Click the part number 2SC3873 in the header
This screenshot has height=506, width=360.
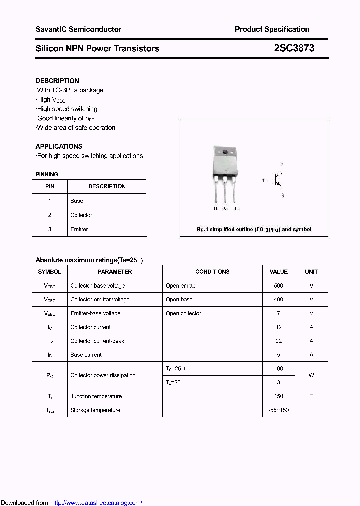tap(294, 49)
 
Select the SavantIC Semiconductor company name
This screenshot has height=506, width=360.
tap(78, 29)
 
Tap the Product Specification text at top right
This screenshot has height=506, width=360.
tap(272, 29)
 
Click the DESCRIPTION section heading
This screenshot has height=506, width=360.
tap(57, 81)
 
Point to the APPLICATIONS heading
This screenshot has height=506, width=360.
tap(59, 146)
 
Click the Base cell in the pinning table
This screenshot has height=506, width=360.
tap(77, 201)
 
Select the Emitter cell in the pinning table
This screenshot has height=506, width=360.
tap(79, 229)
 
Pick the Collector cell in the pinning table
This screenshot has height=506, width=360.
tap(81, 215)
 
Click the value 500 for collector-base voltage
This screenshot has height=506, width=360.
tap(278, 286)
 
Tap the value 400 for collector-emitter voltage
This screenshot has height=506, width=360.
tap(278, 300)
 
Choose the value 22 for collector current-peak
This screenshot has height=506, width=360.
tap(278, 341)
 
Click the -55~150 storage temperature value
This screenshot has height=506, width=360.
tap(278, 410)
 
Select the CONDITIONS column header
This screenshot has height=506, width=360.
tap(212, 272)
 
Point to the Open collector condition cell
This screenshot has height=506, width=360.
tap(183, 314)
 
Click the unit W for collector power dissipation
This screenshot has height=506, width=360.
tap(311, 375)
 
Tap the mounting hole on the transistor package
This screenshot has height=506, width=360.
tap(225, 152)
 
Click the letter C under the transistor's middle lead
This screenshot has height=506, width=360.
tap(226, 208)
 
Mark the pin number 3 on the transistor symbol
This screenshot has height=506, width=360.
tap(282, 196)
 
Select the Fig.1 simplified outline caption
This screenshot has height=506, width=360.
tap(254, 230)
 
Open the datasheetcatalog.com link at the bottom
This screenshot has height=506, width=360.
tap(97, 503)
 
